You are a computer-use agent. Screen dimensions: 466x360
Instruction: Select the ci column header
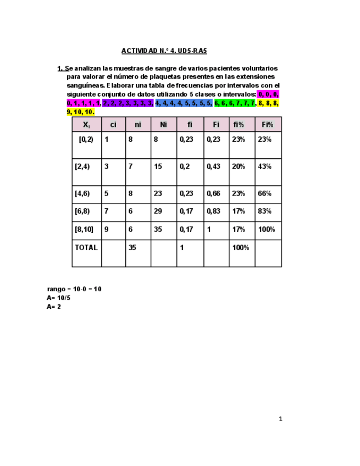pos(113,125)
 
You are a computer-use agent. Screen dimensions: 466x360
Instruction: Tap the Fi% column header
pos(268,125)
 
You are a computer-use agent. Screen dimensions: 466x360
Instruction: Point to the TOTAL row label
pos(86,247)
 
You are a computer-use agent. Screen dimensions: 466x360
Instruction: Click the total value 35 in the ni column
pos(132,247)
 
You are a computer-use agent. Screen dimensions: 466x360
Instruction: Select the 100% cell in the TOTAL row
pos(240,247)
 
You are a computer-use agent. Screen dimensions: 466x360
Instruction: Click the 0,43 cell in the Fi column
pos(213,166)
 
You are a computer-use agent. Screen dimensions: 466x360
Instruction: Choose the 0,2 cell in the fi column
pos(185,166)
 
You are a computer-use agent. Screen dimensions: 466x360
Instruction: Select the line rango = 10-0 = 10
pos(74,289)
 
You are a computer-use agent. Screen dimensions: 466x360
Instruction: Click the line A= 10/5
pos(59,298)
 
